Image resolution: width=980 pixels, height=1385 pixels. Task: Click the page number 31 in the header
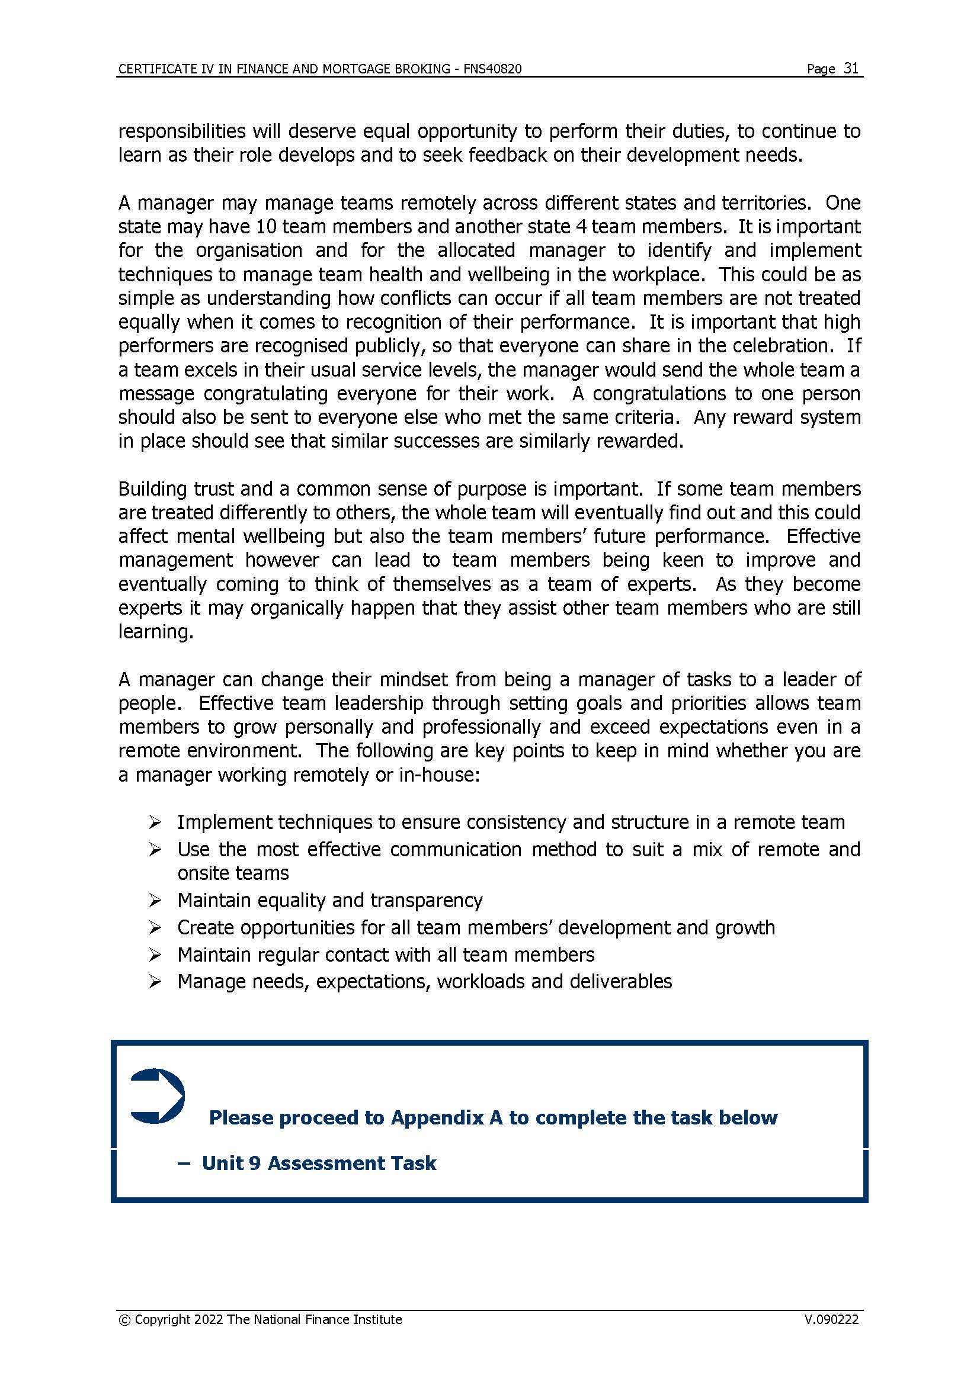click(851, 68)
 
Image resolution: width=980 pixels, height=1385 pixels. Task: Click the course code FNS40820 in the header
click(492, 69)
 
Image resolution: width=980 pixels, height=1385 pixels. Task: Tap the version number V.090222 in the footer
click(831, 1319)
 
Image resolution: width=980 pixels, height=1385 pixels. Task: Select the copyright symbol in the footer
click(124, 1320)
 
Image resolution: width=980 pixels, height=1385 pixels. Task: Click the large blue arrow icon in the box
click(158, 1096)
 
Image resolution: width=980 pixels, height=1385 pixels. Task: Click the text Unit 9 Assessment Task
click(319, 1163)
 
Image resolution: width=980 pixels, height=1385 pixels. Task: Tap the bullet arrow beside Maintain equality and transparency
click(155, 901)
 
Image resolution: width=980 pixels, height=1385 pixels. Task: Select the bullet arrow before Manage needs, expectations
click(155, 982)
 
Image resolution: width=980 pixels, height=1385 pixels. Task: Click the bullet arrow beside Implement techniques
click(155, 822)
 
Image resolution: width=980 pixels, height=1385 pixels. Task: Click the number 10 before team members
click(266, 227)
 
